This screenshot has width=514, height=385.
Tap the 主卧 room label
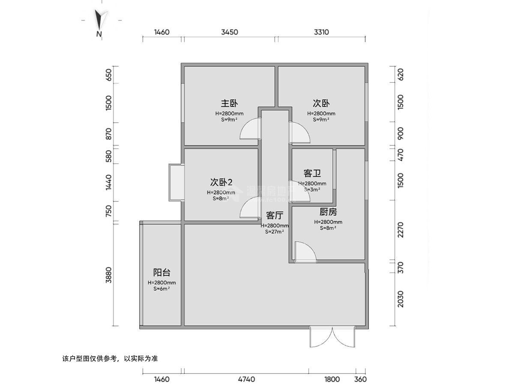[229, 104]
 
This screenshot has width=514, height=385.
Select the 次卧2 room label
[221, 182]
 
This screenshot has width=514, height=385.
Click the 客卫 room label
[312, 173]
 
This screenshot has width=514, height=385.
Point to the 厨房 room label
[328, 212]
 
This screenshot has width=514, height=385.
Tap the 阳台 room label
[162, 272]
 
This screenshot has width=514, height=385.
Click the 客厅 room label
[274, 215]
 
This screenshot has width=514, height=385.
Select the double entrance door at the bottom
[332, 337]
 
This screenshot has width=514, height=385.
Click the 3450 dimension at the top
[230, 32]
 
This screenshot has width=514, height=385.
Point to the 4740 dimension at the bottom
[246, 379]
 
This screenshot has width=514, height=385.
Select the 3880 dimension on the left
[109, 275]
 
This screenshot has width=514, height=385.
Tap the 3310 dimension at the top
[321, 32]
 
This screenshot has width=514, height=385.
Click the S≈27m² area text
[275, 232]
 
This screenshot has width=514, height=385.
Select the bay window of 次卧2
[176, 182]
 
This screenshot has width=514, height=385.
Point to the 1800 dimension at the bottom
[332, 379]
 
